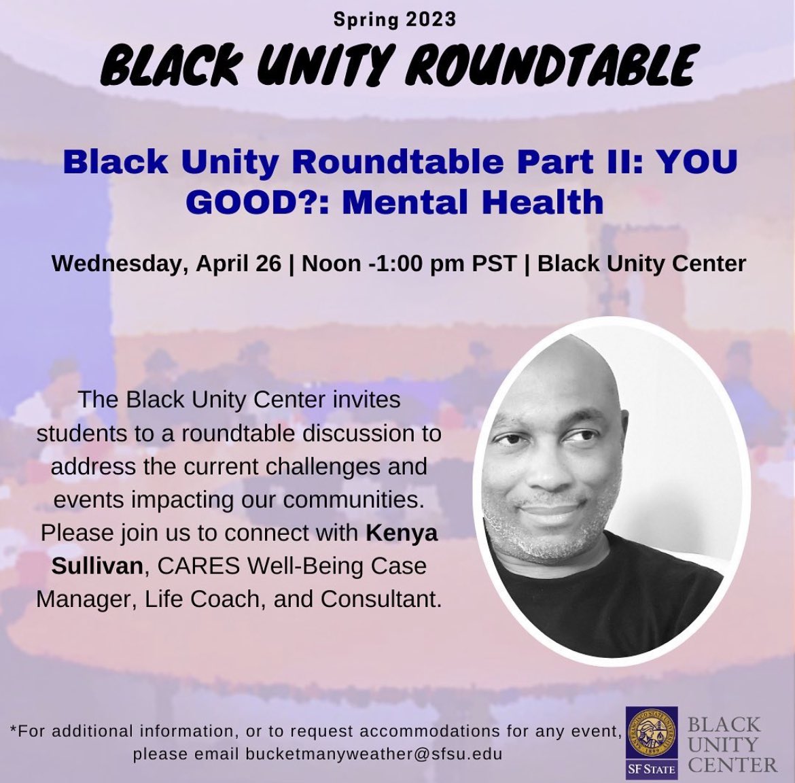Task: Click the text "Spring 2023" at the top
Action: click(395, 19)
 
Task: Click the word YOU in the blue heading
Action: click(702, 164)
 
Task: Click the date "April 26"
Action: click(238, 263)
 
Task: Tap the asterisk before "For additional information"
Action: click(14, 732)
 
